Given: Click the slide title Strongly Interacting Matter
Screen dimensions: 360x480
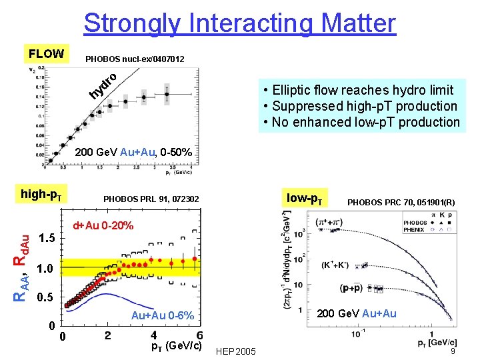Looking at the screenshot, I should point(239,23).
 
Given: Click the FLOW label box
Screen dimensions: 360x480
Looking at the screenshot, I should point(46,54).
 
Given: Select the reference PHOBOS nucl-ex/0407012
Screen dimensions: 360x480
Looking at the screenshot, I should point(135,60).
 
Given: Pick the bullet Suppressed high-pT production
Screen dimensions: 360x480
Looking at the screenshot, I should point(360,106).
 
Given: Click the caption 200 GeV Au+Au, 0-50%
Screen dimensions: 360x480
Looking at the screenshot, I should point(134,153).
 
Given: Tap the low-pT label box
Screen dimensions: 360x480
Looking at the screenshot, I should point(305,198).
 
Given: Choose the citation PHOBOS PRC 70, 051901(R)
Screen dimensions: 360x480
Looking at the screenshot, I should point(401,201).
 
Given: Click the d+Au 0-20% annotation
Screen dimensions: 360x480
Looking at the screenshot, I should point(103,225).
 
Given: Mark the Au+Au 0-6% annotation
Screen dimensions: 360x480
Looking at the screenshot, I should point(163,315).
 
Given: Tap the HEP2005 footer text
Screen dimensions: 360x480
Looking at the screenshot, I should point(236,351).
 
